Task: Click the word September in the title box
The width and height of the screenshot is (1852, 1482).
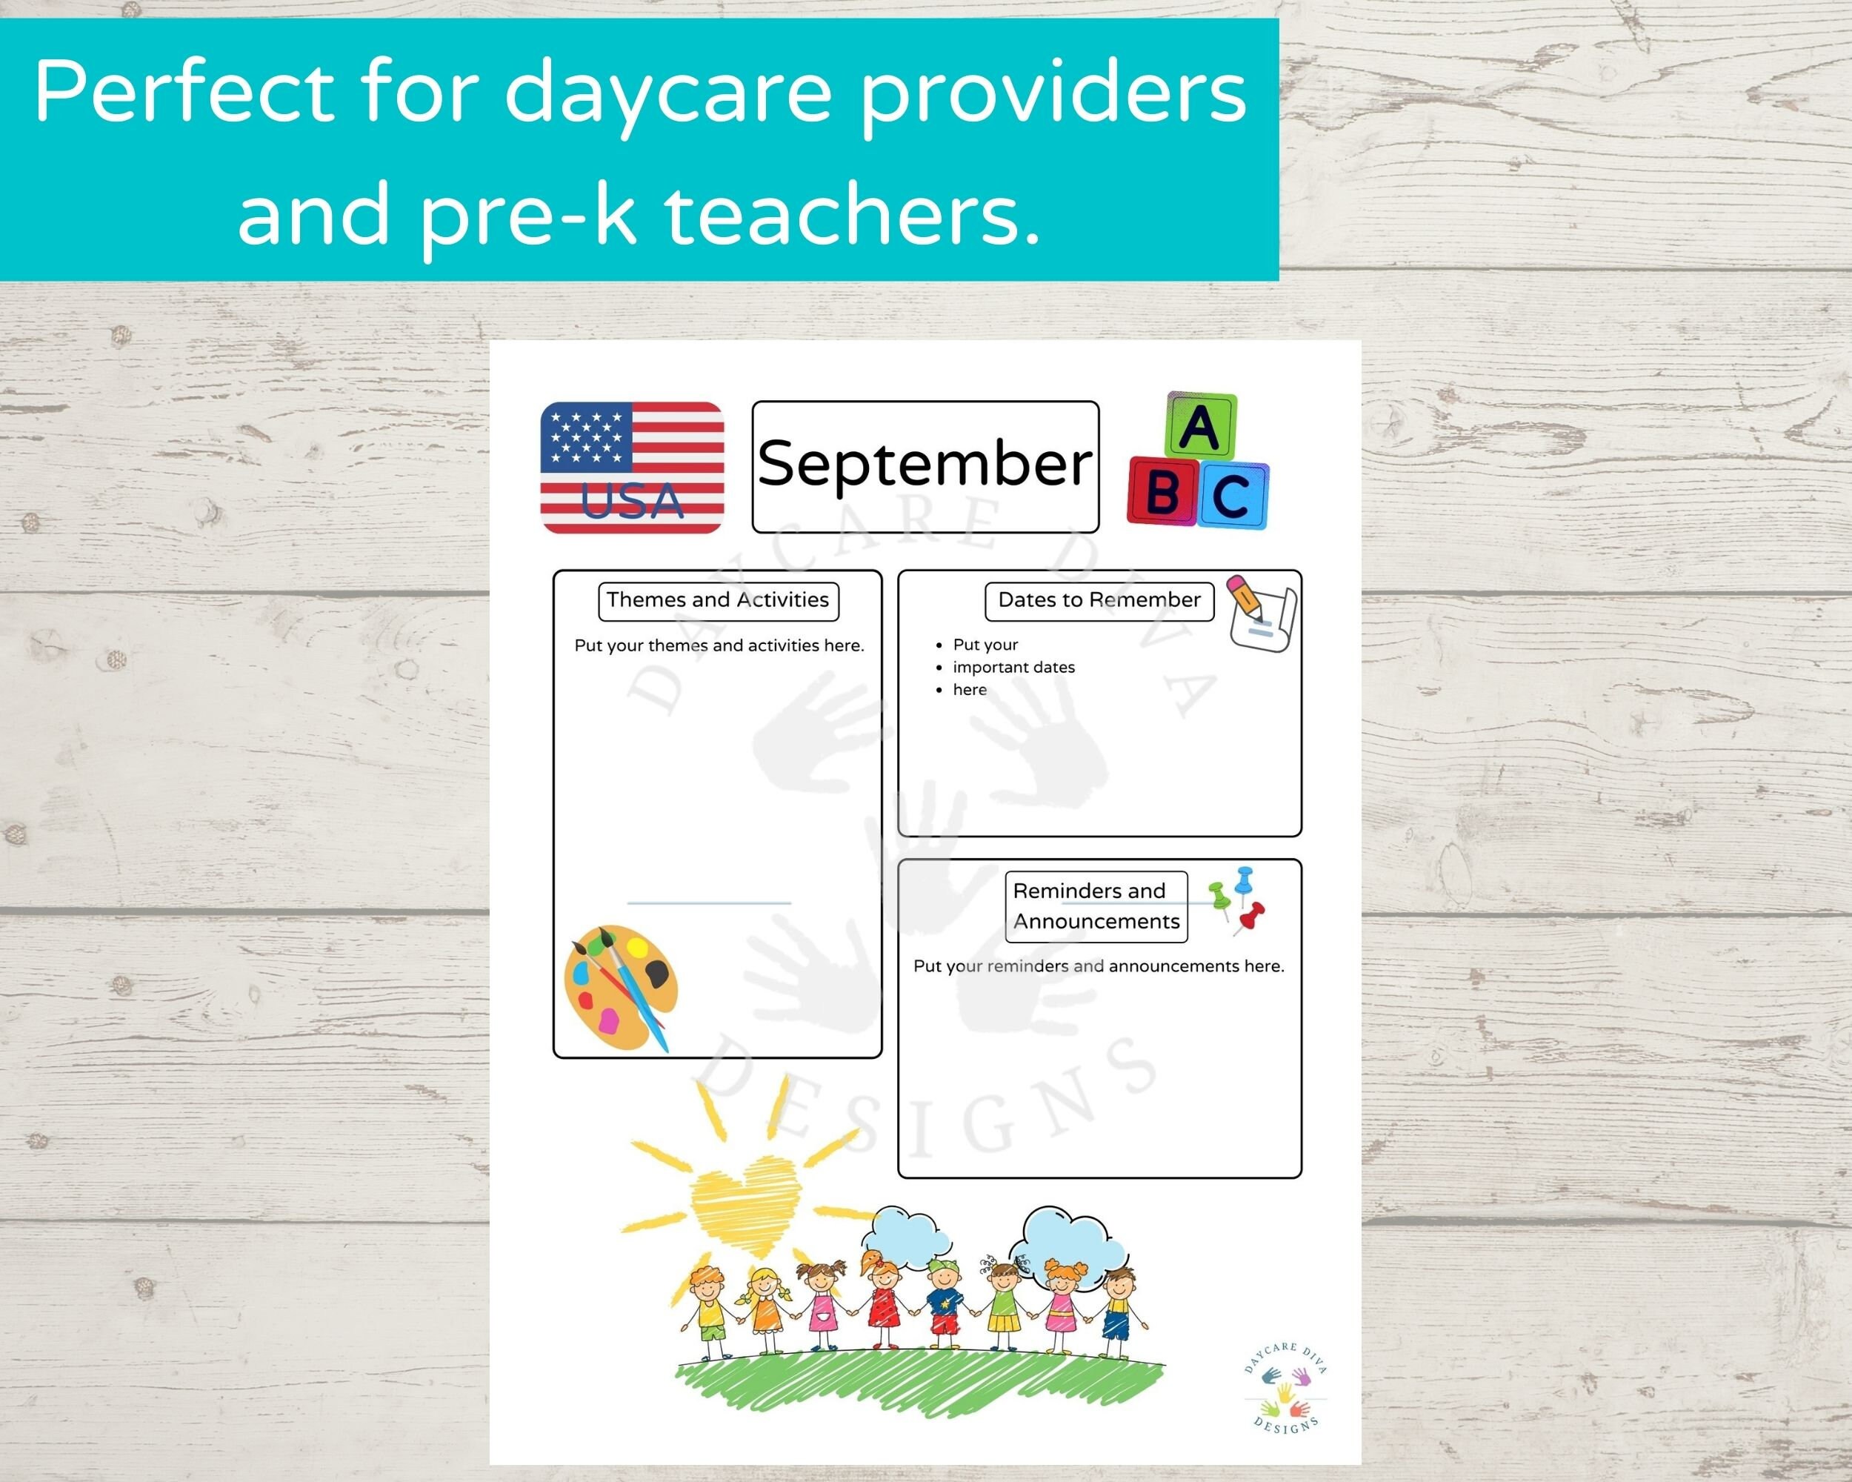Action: [x=925, y=465]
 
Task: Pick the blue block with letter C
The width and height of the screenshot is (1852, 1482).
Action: [x=1232, y=496]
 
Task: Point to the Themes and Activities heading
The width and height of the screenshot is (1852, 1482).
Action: [x=717, y=599]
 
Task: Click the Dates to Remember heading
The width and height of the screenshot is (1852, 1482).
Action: [x=1099, y=599]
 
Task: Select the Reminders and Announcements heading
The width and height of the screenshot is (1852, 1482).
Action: [x=1096, y=906]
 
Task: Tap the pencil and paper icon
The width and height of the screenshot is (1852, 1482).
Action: [x=1260, y=613]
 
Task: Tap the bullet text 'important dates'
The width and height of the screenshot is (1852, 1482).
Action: [x=1013, y=668]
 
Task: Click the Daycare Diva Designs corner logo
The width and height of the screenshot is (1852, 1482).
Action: [x=1285, y=1386]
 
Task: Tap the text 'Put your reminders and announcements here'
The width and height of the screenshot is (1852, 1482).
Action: [x=1098, y=966]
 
